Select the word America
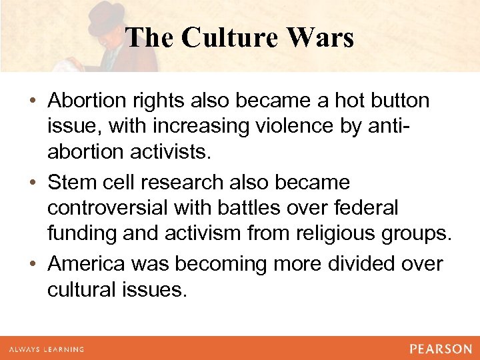click(x=90, y=264)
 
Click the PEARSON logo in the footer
click(x=439, y=349)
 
